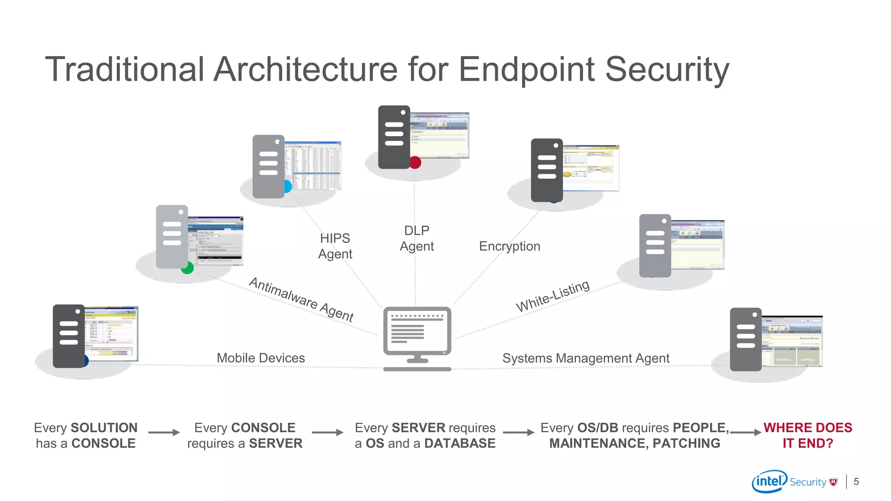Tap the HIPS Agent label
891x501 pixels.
click(x=335, y=246)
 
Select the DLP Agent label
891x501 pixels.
click(x=417, y=238)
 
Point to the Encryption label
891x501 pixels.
click(x=509, y=246)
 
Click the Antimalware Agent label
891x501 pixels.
click(x=301, y=300)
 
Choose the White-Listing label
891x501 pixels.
click(x=553, y=296)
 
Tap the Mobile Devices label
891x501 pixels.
click(x=261, y=358)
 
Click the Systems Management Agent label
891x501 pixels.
click(x=586, y=358)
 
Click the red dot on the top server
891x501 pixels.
click(x=415, y=163)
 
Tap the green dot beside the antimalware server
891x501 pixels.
click(x=188, y=268)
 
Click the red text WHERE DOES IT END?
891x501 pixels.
click(x=807, y=435)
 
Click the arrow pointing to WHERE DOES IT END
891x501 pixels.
click(x=746, y=432)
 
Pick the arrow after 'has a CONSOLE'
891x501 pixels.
click(x=164, y=432)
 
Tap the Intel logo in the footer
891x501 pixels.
click(x=769, y=481)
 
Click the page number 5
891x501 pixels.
click(x=856, y=481)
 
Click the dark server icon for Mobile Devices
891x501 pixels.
click(x=68, y=336)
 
